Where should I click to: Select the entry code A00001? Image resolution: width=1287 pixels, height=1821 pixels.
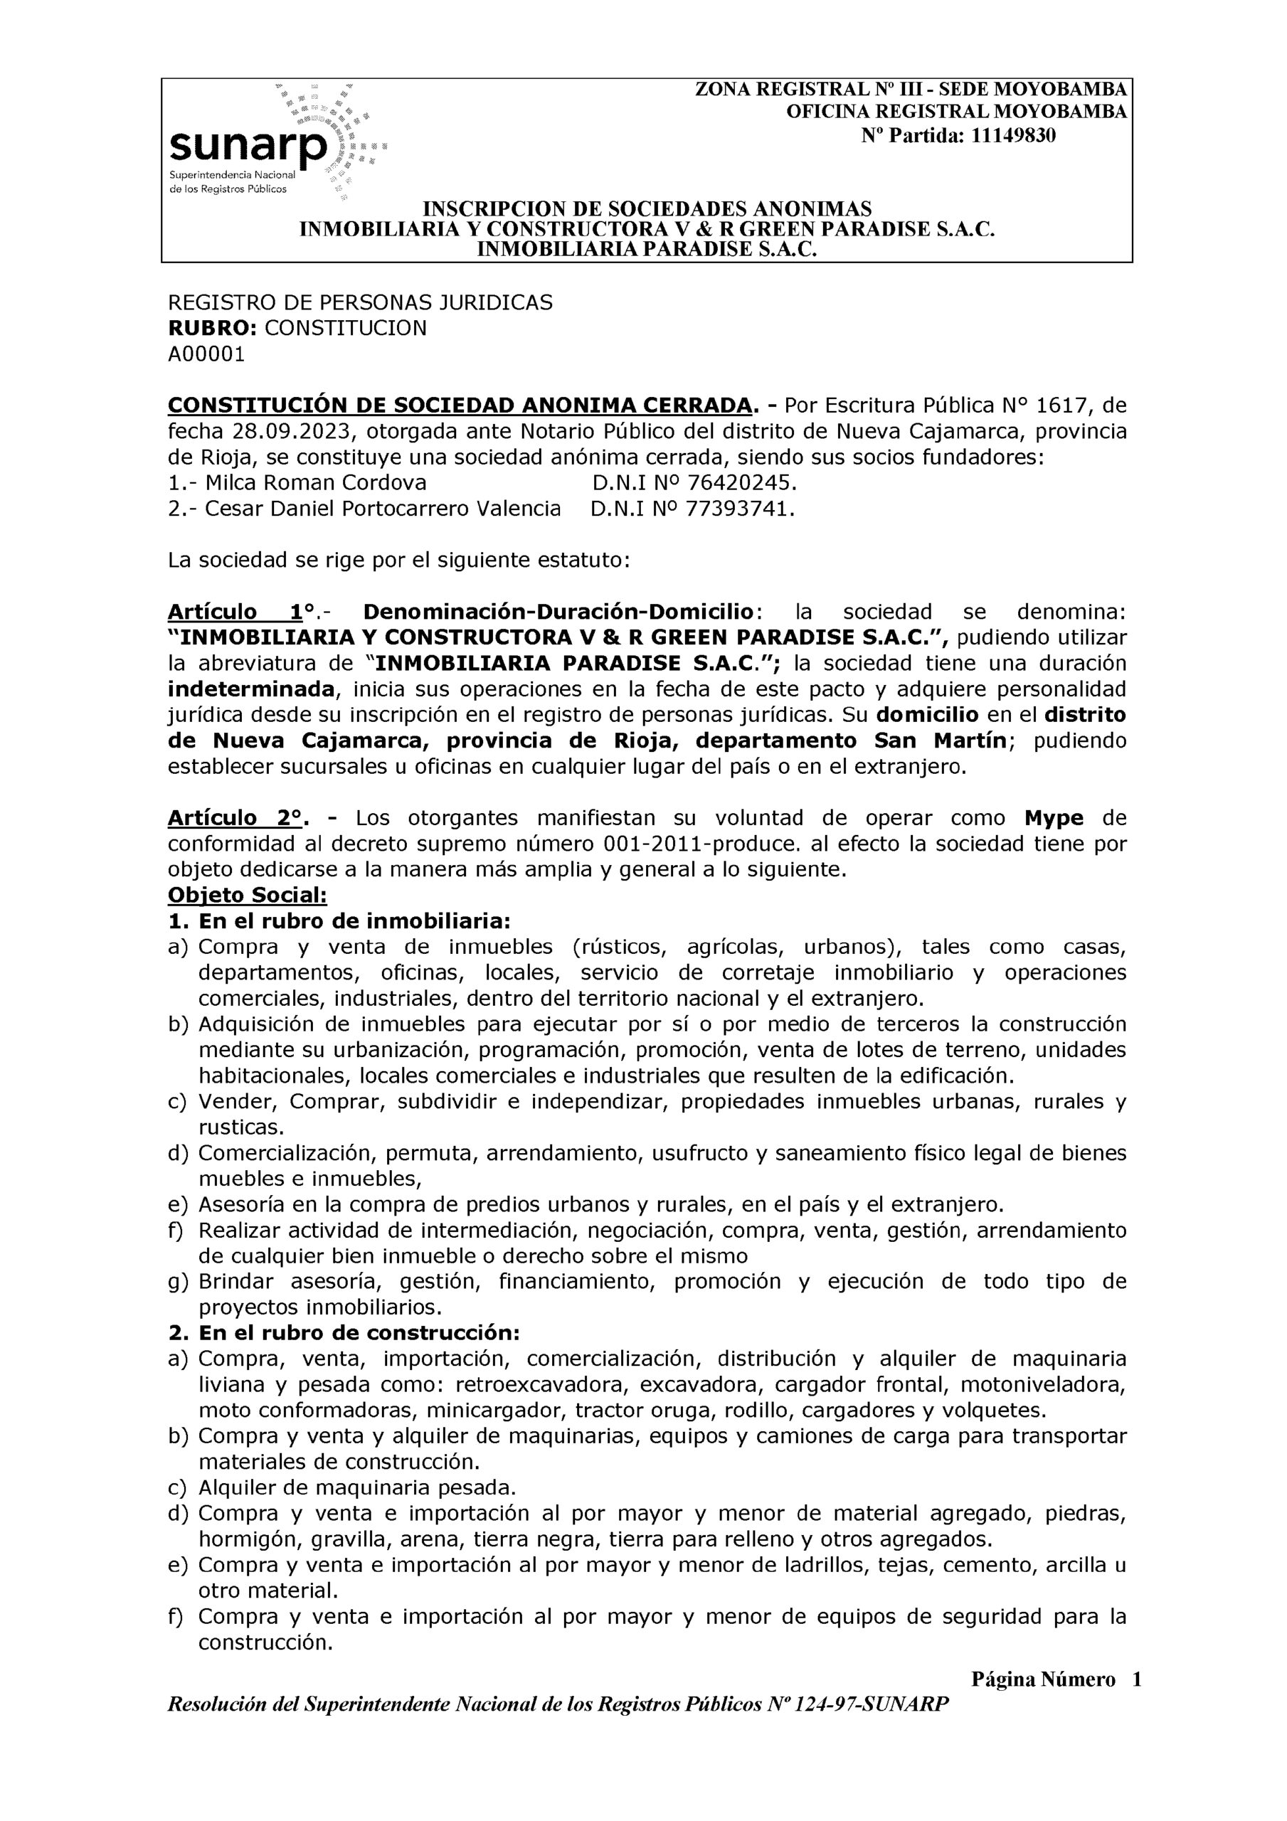pos(206,354)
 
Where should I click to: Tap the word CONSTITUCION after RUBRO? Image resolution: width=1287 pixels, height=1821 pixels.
pos(345,329)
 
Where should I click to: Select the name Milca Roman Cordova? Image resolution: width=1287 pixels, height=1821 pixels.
pos(316,483)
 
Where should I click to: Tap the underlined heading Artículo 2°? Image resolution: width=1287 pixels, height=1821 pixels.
pos(235,818)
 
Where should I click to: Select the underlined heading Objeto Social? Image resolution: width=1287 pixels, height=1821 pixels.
pos(247,896)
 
